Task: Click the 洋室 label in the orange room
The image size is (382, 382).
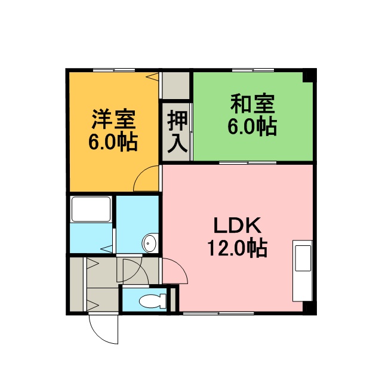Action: coord(113,119)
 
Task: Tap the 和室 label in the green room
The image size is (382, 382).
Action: coord(252,104)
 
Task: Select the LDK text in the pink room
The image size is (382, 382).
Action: coord(238,226)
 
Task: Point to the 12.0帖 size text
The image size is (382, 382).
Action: coord(238,248)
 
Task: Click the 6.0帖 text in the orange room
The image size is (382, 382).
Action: coord(113,142)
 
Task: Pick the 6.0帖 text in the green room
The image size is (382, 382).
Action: coord(252,127)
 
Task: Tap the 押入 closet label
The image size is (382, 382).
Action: coord(177,132)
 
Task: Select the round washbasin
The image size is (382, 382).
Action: coord(150,243)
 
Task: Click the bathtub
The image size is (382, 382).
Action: coord(91,209)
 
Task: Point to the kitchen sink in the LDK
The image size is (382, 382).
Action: coord(303,258)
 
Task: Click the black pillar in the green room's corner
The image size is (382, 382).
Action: coord(309,76)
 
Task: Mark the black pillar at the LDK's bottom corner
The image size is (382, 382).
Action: coord(309,308)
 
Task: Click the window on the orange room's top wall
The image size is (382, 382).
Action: coord(114,70)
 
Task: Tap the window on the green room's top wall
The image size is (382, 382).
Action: coord(253,70)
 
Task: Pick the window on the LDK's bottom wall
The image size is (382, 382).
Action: coord(218,313)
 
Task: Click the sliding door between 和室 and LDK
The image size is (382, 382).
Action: coord(248,162)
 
